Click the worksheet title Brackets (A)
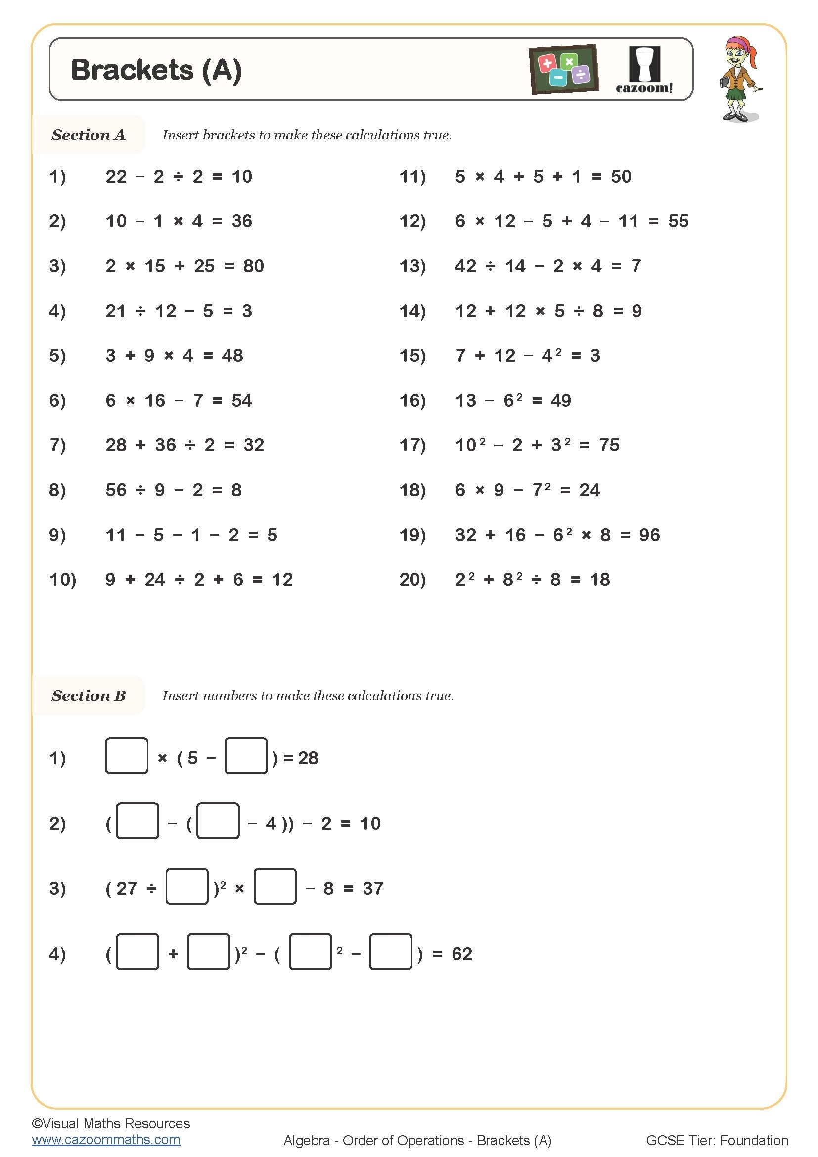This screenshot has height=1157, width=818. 156,70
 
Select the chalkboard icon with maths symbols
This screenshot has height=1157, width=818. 564,69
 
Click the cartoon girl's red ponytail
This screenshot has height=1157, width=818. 752,52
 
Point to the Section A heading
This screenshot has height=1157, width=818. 88,135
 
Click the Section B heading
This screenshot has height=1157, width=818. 88,695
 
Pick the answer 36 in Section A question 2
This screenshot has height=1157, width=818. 242,221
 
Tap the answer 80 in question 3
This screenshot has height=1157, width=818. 253,266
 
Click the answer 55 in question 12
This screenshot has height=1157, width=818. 679,221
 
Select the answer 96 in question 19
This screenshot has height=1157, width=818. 649,535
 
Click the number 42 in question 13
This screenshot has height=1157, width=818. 465,266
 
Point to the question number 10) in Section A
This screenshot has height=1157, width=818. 62,580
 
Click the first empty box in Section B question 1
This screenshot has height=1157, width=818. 127,755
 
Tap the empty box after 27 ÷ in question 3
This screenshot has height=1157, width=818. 187,886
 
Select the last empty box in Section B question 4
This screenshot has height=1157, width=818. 391,951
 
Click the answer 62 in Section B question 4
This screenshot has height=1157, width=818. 462,953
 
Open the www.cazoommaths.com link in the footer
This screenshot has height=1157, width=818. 106,1139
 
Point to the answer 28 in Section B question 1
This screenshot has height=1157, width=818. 308,758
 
